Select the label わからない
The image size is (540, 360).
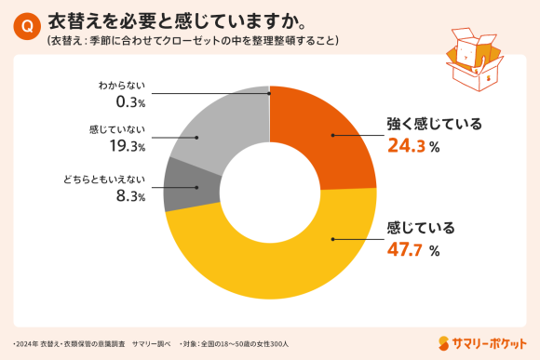(x=122, y=86)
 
